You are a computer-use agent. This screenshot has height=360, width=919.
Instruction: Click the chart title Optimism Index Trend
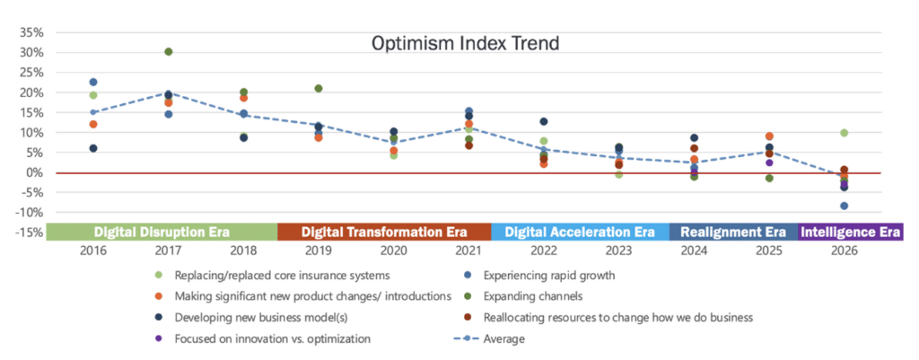(x=465, y=42)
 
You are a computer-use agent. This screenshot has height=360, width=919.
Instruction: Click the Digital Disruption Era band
(x=162, y=232)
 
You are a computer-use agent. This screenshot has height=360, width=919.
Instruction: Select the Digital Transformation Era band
(x=384, y=232)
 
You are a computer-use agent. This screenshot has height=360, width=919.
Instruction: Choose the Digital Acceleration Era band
(x=580, y=232)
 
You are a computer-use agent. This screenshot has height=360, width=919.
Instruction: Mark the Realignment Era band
(x=733, y=232)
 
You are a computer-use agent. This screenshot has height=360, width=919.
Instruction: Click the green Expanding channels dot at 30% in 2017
(x=169, y=52)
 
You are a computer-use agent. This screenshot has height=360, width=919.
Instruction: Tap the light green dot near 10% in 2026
(x=845, y=133)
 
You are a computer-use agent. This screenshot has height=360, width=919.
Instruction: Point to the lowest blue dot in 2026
(x=845, y=206)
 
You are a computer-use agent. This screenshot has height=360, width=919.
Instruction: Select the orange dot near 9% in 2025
(x=769, y=136)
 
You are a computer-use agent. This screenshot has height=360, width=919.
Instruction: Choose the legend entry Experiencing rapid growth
(x=547, y=275)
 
